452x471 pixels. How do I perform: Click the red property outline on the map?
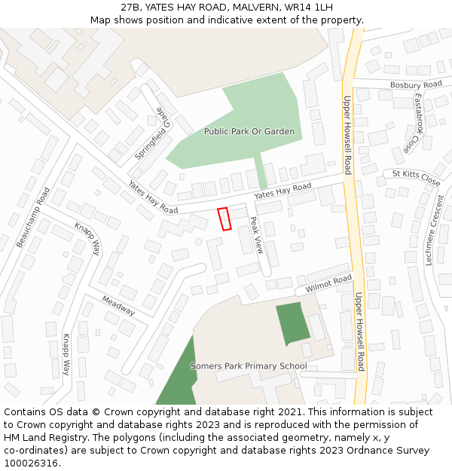click(x=224, y=219)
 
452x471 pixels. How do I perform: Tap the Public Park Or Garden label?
click(x=249, y=131)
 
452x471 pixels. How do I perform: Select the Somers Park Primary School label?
click(x=249, y=366)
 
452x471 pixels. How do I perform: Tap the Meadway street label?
click(x=118, y=305)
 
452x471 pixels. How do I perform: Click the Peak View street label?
click(x=256, y=235)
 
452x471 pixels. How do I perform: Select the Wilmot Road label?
click(x=328, y=284)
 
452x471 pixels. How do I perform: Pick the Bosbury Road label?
click(x=416, y=84)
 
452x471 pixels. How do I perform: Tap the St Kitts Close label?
click(x=416, y=178)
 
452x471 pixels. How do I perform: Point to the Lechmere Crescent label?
click(x=435, y=230)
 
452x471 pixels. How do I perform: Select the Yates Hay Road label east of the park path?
click(x=282, y=191)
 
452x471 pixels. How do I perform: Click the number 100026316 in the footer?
click(x=32, y=463)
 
